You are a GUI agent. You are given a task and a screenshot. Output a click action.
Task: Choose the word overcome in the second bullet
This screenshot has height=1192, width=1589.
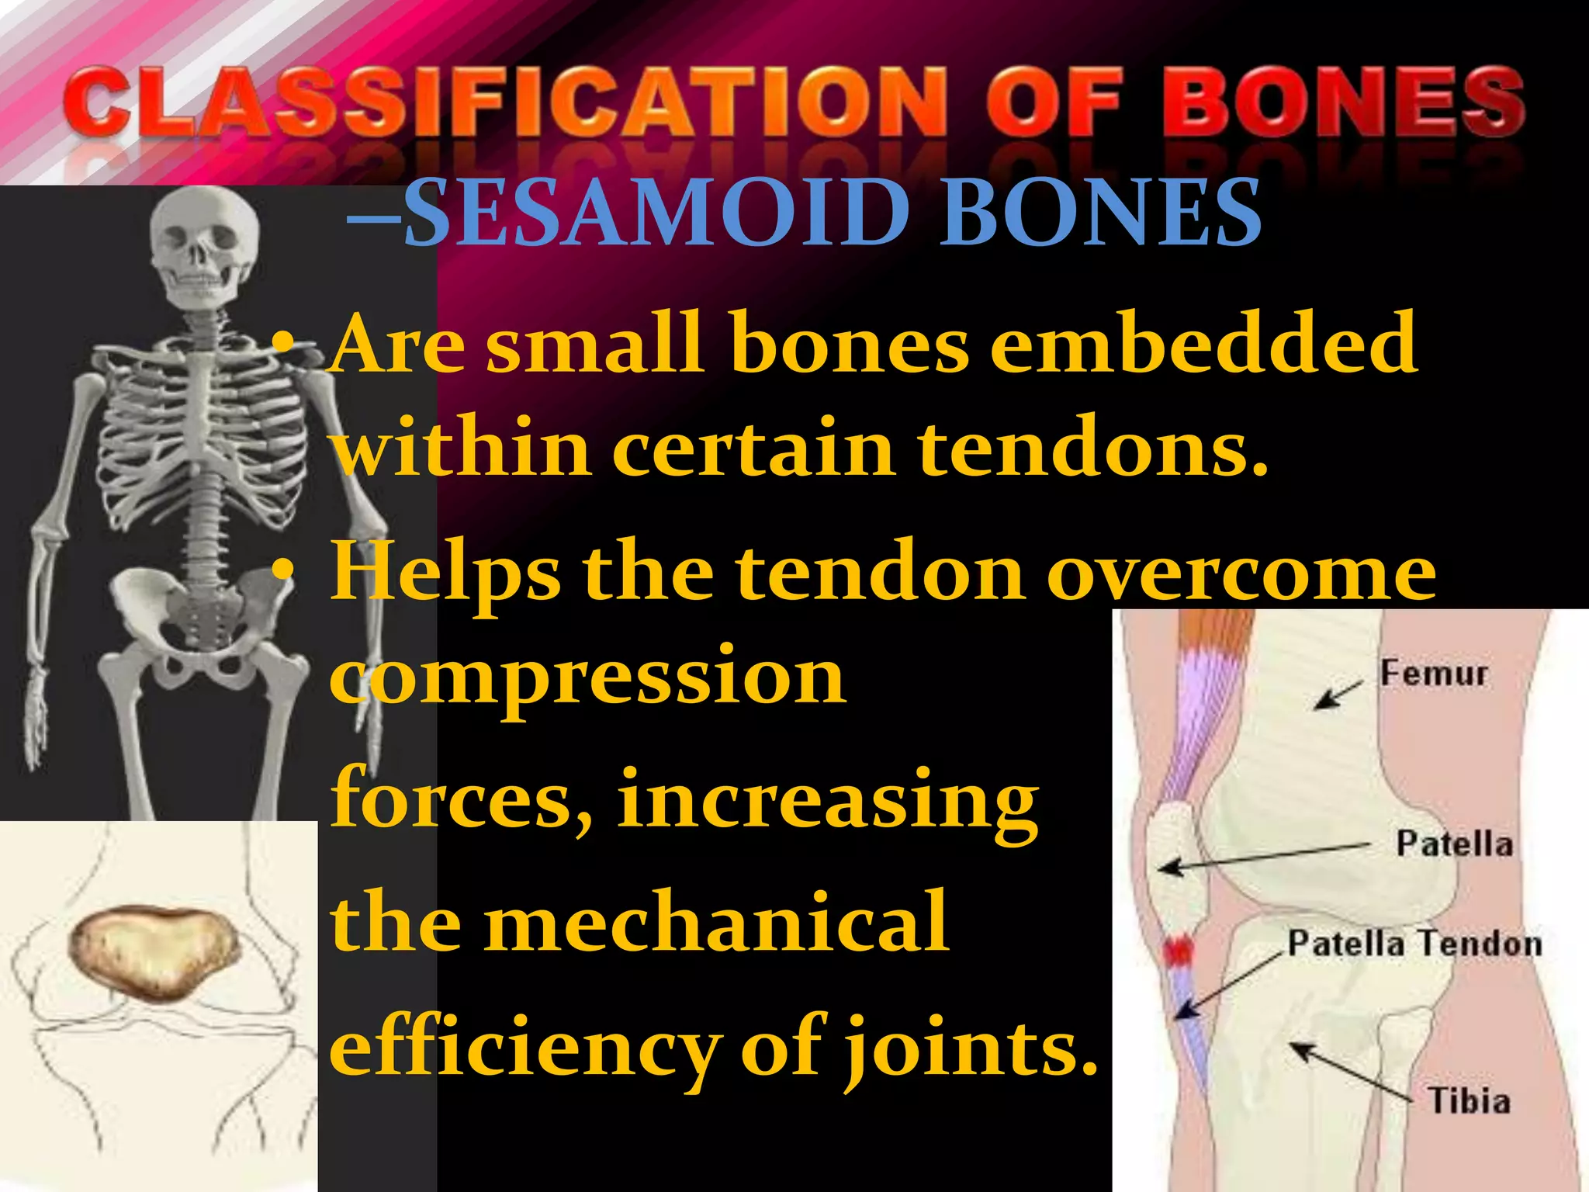point(1241,574)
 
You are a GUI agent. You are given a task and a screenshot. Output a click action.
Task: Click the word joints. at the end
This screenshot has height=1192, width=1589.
point(970,1048)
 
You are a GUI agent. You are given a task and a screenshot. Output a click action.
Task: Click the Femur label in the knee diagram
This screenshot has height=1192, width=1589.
point(1433,673)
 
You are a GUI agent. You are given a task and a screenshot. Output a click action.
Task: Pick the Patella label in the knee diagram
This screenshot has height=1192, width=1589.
point(1454,844)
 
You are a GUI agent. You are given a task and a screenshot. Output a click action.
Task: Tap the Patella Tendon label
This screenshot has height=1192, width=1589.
point(1414,944)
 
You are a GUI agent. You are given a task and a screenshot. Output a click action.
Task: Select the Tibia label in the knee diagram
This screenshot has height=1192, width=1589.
point(1469,1101)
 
